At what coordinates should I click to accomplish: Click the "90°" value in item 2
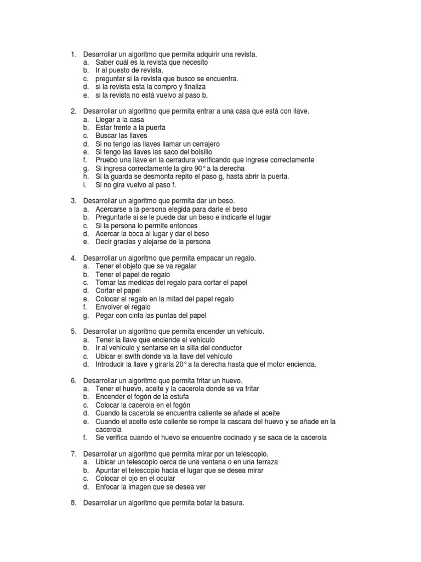(185, 168)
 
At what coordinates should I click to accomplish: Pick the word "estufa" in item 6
(177, 397)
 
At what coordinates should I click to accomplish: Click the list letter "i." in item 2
(86, 185)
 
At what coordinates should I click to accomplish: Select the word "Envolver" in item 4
(110, 307)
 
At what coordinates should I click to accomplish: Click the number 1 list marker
(73, 54)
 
